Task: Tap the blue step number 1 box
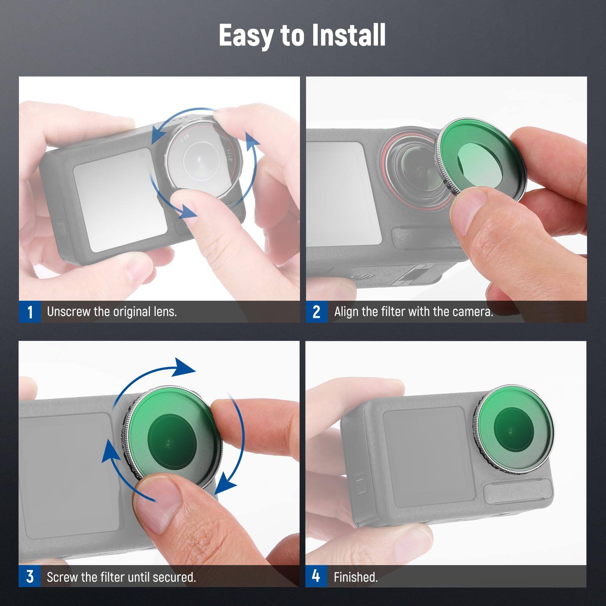[x=30, y=312]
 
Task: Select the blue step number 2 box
[x=317, y=312]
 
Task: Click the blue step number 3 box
[x=30, y=577]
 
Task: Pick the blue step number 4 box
[x=316, y=576]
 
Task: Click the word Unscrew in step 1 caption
[x=69, y=312]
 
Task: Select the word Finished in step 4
[x=355, y=577]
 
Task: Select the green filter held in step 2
[x=480, y=156]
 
